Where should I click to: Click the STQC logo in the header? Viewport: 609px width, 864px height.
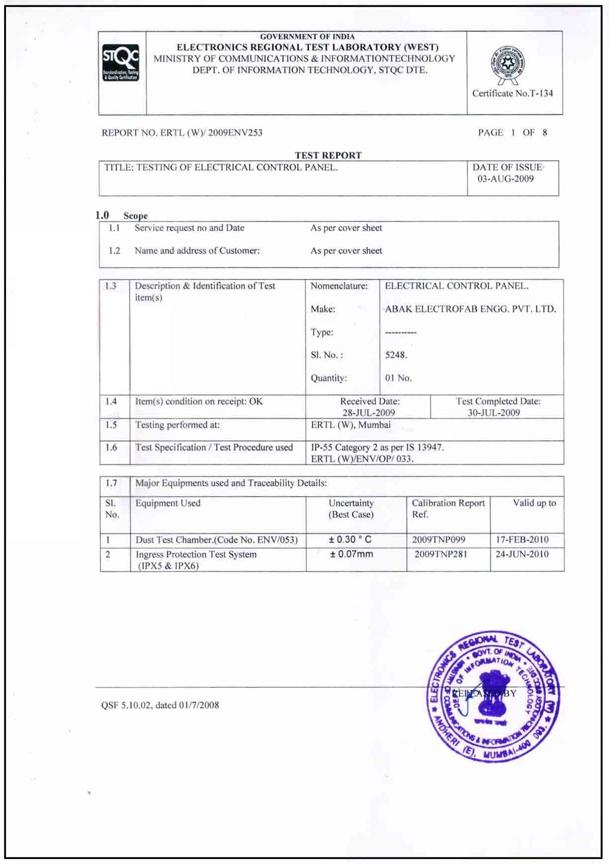point(121,63)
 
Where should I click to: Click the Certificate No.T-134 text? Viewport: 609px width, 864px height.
point(512,94)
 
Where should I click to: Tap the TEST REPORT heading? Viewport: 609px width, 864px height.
point(328,155)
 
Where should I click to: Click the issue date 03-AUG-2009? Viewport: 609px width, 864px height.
point(506,179)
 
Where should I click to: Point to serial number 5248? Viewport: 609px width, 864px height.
point(396,355)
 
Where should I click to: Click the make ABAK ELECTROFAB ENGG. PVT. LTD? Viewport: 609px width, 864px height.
point(470,309)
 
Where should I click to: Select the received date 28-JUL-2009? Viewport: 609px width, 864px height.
point(368,413)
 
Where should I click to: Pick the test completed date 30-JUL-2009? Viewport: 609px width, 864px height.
point(494,413)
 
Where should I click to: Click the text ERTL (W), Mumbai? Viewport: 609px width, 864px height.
point(350,425)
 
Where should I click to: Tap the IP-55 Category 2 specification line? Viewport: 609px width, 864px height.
point(377,447)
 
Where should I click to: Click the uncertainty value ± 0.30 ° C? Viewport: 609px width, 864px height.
point(350,540)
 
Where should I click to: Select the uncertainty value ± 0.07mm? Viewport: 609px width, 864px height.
point(351,554)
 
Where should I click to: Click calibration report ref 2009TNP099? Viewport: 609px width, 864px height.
point(438,540)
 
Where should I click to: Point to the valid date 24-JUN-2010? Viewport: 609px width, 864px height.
point(522,554)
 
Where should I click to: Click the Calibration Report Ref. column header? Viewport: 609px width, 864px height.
point(447,509)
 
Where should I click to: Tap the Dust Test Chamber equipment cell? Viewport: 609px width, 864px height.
point(216,540)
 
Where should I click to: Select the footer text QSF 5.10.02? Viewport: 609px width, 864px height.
point(160,705)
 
